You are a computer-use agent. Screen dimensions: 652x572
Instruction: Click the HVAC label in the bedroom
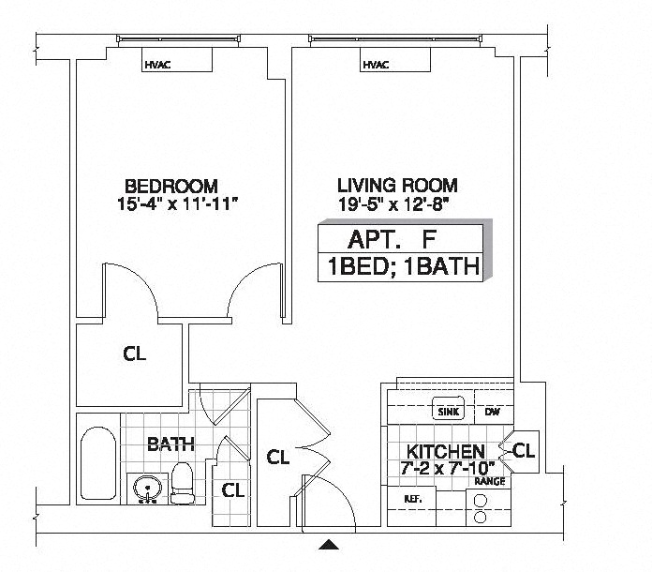tap(157, 65)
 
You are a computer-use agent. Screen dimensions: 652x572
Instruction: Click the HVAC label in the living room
tap(376, 65)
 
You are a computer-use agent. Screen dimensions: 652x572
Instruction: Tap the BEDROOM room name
tap(171, 186)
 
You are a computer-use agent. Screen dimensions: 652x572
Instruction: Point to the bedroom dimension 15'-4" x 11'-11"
tap(178, 204)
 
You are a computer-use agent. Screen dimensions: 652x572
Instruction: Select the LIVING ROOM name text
tap(397, 186)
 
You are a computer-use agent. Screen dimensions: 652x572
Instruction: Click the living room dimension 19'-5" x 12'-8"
tap(393, 204)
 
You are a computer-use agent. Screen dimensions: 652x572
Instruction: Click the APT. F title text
tap(392, 239)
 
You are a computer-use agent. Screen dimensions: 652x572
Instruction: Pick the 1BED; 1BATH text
tap(404, 266)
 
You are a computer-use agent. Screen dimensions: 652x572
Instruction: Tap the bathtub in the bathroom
tap(98, 463)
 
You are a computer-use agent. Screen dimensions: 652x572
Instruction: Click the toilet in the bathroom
tap(183, 483)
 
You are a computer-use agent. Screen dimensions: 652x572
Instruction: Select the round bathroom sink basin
tap(147, 488)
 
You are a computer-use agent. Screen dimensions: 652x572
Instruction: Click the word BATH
tap(170, 444)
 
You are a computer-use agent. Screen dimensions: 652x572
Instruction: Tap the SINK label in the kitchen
tap(449, 413)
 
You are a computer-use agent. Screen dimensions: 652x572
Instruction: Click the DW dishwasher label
tap(493, 413)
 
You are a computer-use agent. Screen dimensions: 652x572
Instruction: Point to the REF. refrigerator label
tap(413, 499)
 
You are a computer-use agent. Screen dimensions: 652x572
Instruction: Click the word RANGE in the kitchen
tap(490, 482)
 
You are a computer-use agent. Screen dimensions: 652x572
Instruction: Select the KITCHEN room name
tap(445, 451)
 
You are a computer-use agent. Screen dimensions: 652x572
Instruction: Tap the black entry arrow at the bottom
tap(329, 544)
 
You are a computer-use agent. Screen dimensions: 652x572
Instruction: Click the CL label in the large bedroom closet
tap(135, 354)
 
